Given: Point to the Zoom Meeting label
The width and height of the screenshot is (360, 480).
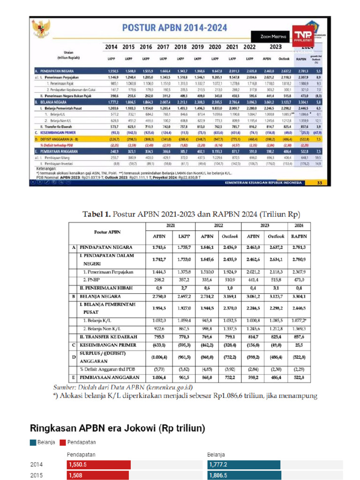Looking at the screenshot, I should [272, 36].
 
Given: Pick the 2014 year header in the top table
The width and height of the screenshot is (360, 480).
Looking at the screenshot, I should [112, 47].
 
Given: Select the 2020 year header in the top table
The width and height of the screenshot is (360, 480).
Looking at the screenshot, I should [214, 47].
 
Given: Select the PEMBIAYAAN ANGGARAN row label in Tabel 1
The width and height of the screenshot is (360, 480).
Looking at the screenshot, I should [109, 377].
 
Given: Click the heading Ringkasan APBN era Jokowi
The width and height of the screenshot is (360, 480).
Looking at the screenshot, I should [117, 428].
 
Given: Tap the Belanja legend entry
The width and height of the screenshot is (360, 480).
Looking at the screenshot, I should [43, 442].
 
